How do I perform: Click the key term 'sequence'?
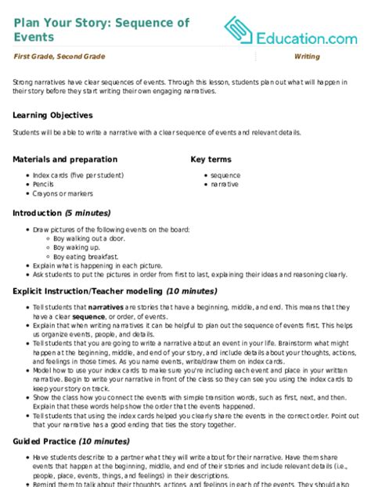point(226,175)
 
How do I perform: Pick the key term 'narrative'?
point(226,185)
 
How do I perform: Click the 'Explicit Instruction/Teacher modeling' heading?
point(83,290)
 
